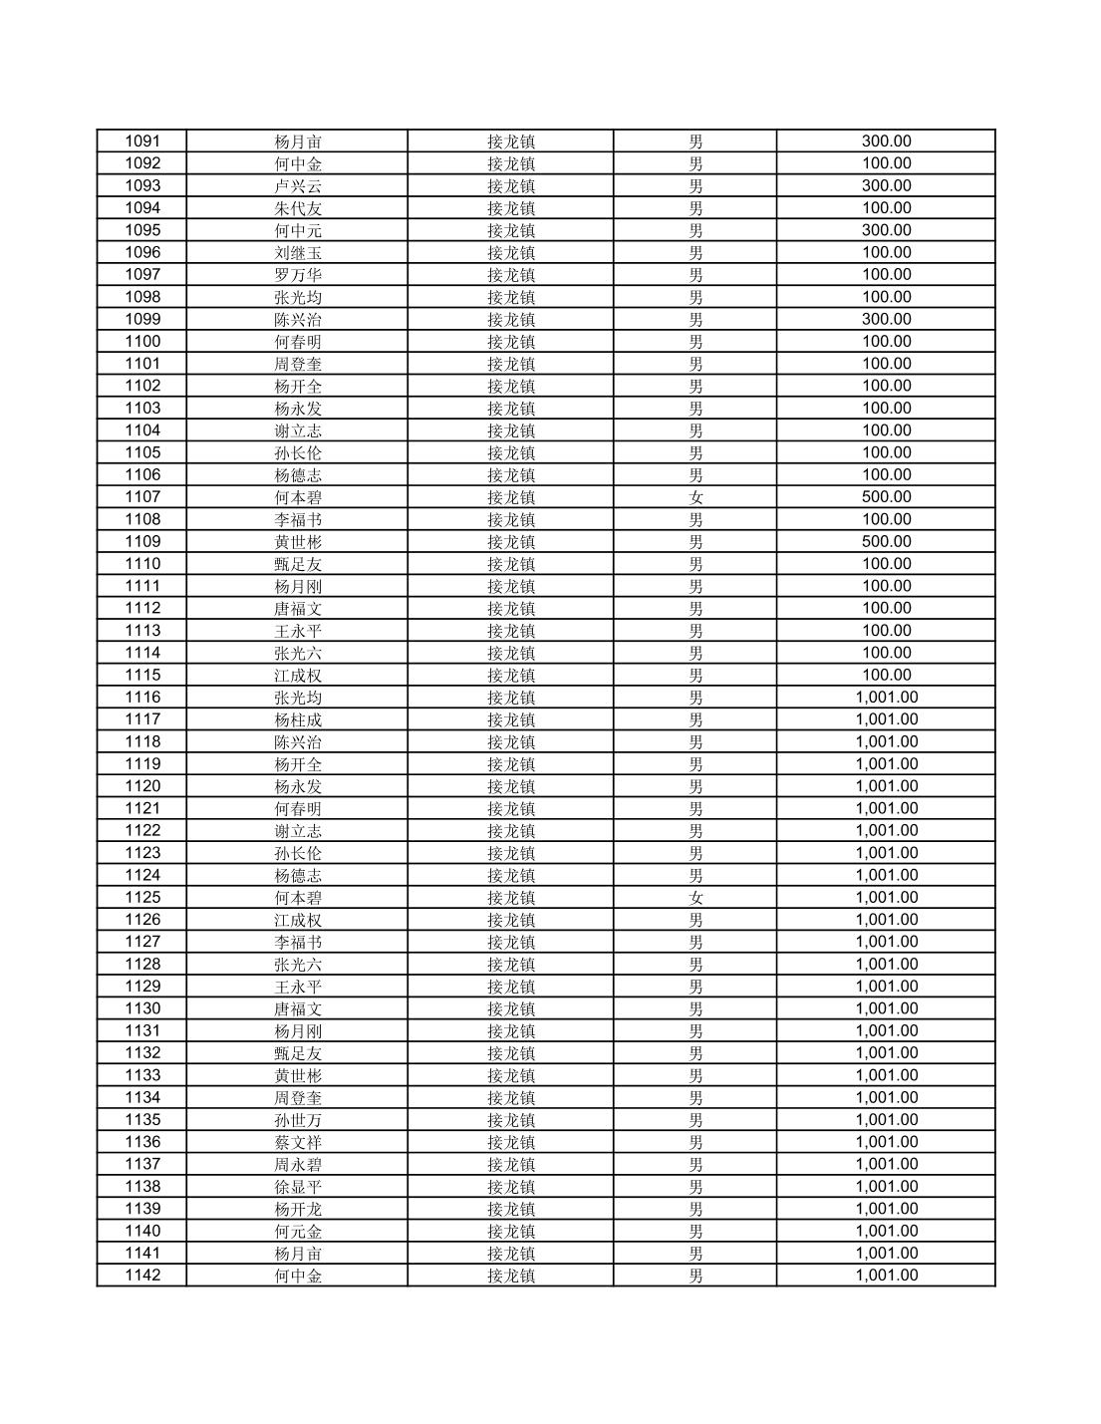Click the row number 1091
pyautogui.click(x=141, y=142)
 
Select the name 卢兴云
pyautogui.click(x=298, y=186)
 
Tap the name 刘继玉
pyautogui.click(x=298, y=253)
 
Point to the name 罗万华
pyautogui.click(x=298, y=275)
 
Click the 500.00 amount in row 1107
pyautogui.click(x=886, y=497)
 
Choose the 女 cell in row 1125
pyautogui.click(x=695, y=898)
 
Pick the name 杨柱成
pyautogui.click(x=298, y=719)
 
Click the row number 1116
pyautogui.click(x=141, y=698)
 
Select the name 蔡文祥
pyautogui.click(x=298, y=1142)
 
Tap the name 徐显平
pyautogui.click(x=298, y=1187)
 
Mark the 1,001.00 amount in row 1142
pyautogui.click(x=886, y=1276)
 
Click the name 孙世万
pyautogui.click(x=298, y=1120)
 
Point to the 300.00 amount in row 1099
pyautogui.click(x=886, y=319)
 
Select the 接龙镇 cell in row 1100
pyautogui.click(x=510, y=342)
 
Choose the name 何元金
pyautogui.click(x=298, y=1232)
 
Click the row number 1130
pyautogui.click(x=141, y=1008)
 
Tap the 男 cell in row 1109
pyautogui.click(x=695, y=542)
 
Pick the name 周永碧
pyautogui.click(x=298, y=1165)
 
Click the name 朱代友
pyautogui.click(x=298, y=208)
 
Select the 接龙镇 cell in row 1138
pyautogui.click(x=510, y=1187)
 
